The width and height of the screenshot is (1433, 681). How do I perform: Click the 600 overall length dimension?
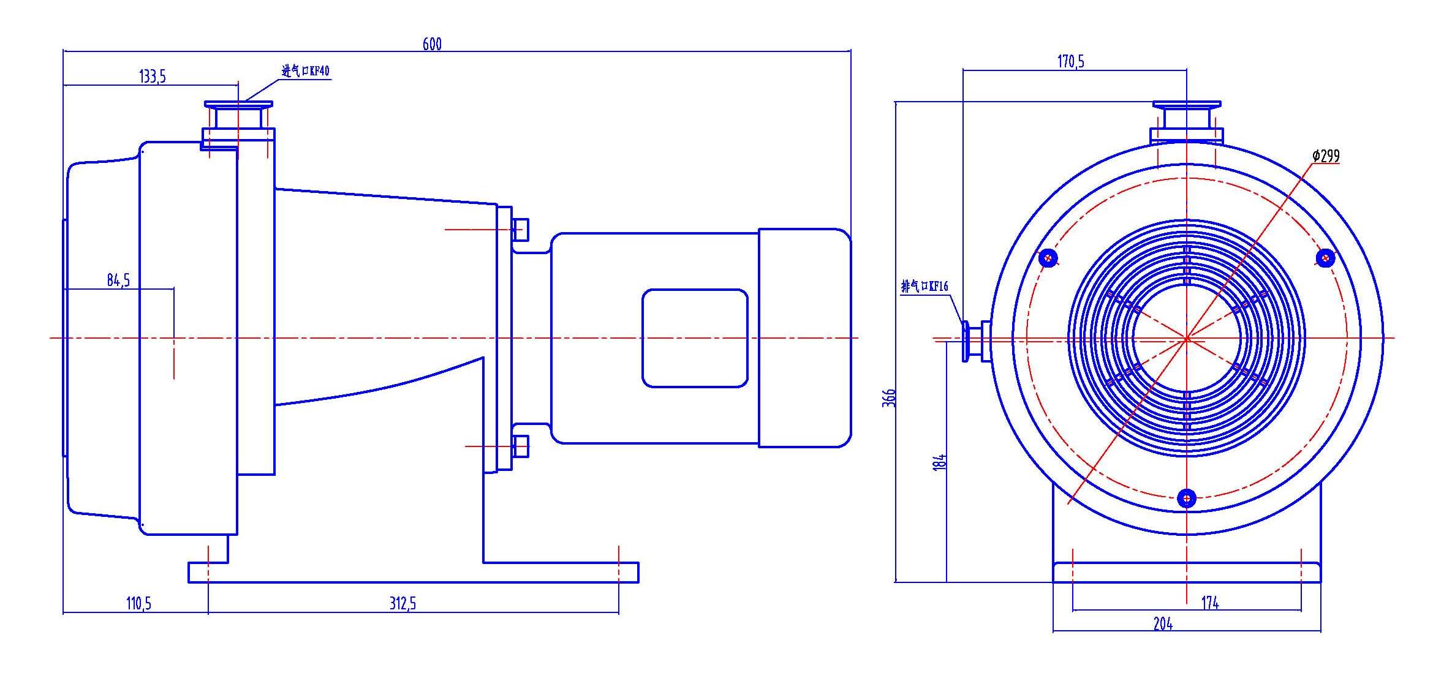pos(432,43)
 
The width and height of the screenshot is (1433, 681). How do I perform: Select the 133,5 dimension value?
pos(153,77)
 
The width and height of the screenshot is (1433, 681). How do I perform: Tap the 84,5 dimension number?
pos(118,280)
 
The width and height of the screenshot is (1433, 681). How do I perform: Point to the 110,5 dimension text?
pos(138,603)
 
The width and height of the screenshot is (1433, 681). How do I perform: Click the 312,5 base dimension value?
pos(403,603)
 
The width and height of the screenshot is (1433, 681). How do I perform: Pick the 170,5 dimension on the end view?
pos(1070,61)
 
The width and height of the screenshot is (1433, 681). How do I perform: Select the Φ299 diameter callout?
pos(1326,156)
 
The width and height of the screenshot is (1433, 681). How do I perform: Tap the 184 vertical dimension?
pos(940,462)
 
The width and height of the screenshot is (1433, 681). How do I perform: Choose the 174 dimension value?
pos(1210,603)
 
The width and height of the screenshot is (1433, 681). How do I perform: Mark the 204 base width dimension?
pos(1163,623)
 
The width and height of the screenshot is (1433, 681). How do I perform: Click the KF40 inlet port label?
pos(305,71)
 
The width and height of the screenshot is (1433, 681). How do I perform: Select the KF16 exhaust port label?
pos(924,286)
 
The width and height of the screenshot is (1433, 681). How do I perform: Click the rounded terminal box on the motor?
pos(695,338)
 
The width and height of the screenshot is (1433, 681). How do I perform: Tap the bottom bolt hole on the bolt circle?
pos(1187,498)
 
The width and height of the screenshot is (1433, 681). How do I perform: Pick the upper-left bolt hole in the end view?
pos(1048,258)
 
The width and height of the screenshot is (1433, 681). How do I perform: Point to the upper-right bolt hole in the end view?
pos(1325,258)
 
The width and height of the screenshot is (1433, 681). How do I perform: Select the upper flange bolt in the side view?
pos(520,230)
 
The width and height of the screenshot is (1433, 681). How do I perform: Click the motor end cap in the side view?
pos(805,338)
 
